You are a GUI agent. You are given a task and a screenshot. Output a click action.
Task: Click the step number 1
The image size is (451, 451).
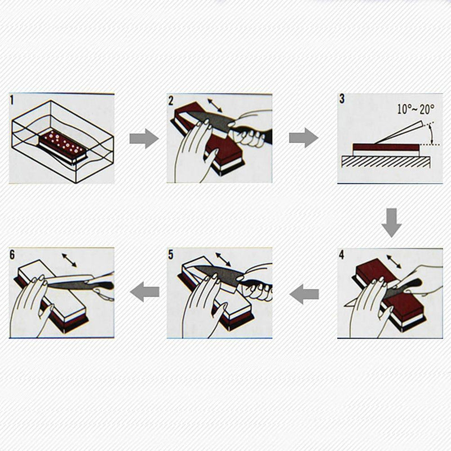12,100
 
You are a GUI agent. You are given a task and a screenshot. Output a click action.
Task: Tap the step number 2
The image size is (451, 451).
171,101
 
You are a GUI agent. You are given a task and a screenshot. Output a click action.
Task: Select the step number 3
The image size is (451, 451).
342,99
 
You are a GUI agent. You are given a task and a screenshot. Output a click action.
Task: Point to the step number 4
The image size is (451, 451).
342,255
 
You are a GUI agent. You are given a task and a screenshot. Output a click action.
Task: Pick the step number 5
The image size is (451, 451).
171,255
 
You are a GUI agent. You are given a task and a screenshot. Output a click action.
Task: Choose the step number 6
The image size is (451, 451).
12,255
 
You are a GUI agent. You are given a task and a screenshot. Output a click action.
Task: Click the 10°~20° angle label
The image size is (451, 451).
415,109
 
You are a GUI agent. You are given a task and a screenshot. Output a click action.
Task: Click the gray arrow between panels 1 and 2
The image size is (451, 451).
144,138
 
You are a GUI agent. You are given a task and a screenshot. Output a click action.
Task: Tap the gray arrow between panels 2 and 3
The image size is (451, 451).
304,138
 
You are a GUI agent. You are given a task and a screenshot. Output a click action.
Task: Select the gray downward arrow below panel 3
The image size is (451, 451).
391,223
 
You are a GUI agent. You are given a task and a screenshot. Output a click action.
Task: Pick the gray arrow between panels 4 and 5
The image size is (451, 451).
304,294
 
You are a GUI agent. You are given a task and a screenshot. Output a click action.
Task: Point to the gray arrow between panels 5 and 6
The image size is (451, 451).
145,291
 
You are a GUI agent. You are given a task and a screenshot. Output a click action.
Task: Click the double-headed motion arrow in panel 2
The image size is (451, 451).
215,105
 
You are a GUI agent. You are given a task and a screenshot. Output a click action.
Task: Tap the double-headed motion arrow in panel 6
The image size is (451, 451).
69,260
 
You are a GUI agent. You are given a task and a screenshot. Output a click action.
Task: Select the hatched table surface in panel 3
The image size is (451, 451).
387,162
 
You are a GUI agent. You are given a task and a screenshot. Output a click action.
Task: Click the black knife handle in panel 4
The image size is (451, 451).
412,284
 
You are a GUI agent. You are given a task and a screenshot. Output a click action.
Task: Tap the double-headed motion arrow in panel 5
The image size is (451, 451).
223,259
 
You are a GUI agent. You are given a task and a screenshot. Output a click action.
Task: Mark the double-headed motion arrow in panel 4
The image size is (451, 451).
393,262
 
